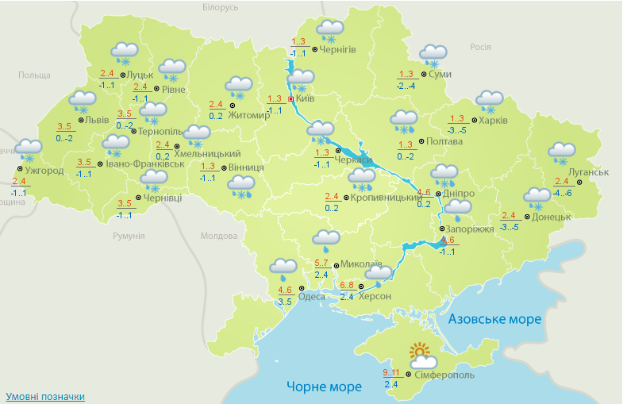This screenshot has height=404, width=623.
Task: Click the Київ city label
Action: (x=306, y=99)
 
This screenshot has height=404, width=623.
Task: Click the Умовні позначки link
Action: (x=45, y=396)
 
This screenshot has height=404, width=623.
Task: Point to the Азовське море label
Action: (x=494, y=319)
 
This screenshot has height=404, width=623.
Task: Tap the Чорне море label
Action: (x=324, y=387)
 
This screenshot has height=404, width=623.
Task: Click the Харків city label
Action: (x=493, y=121)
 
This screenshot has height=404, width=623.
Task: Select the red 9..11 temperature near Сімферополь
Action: (x=390, y=372)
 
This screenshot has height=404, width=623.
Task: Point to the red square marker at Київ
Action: (x=290, y=99)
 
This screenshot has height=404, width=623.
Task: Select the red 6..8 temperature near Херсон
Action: (x=347, y=285)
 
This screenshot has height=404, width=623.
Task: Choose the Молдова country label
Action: (x=219, y=236)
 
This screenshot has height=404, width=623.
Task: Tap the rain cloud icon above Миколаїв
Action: (x=326, y=239)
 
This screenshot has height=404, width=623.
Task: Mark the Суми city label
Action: (x=440, y=74)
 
